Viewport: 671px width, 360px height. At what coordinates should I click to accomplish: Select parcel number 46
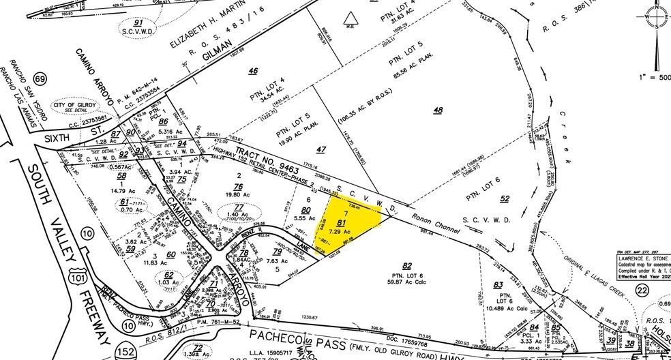point(253,71)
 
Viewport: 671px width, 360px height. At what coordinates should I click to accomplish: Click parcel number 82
point(407,265)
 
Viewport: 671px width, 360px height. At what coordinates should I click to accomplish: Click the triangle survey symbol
point(349,18)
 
